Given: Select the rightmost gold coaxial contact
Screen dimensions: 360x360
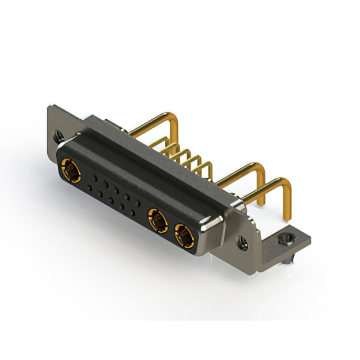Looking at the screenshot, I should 184,234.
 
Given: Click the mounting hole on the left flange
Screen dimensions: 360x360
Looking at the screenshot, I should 58,136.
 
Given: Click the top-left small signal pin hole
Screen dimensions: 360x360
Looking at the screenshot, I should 95,179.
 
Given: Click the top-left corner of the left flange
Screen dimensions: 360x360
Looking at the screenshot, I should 50,107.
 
